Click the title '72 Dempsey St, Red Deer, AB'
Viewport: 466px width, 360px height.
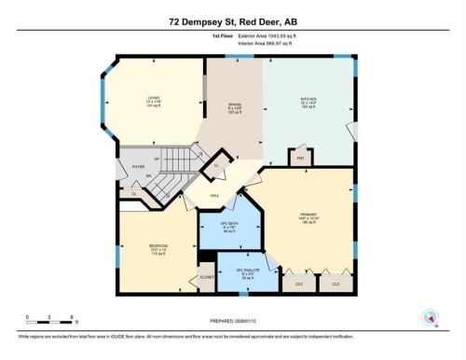point(232,21)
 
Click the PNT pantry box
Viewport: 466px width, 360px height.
point(301,158)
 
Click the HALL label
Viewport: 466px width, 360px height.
point(214,195)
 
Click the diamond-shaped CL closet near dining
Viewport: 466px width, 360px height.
point(217,164)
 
